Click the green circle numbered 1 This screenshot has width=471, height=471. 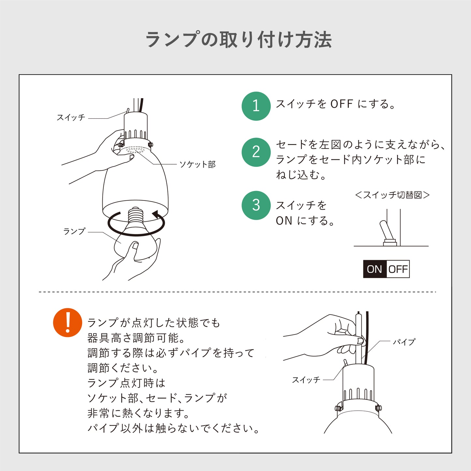(x=256, y=106)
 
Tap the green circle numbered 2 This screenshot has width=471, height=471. (x=256, y=152)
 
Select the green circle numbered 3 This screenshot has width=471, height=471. (x=256, y=205)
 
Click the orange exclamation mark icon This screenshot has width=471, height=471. (x=68, y=322)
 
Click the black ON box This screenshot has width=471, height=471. (x=375, y=269)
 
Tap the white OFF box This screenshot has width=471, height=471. (x=398, y=269)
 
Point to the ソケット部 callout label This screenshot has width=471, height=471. (x=198, y=165)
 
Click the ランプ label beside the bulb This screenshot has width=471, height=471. (x=74, y=231)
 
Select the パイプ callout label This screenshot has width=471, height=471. (x=404, y=342)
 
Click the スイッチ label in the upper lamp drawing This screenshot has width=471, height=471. (x=71, y=118)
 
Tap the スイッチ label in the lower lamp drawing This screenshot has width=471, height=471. (x=306, y=380)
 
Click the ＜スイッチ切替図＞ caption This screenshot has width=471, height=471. (x=392, y=195)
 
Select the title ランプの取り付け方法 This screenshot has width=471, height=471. (x=239, y=39)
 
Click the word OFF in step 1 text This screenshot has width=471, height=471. (x=342, y=104)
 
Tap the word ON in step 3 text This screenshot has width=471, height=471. (x=284, y=221)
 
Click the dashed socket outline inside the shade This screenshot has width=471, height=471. (x=135, y=150)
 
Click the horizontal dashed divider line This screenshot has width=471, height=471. (x=237, y=292)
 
